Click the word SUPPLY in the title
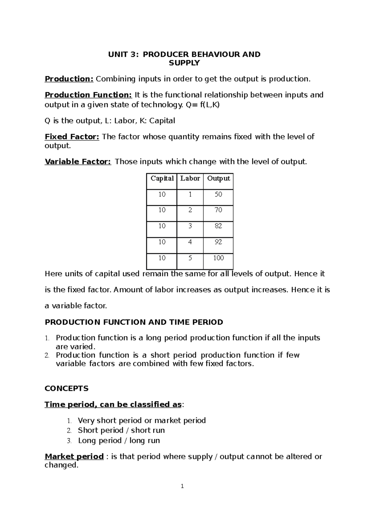(184, 63)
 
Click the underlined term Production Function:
(88, 95)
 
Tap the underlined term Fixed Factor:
(72, 137)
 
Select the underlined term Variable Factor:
(78, 162)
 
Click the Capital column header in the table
(162, 179)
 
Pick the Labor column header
(190, 179)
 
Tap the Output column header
(218, 179)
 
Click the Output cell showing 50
(218, 194)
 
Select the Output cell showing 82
(218, 226)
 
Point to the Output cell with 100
(218, 258)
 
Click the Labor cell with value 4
(190, 242)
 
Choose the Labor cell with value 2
(190, 210)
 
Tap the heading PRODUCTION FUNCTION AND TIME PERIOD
(134, 322)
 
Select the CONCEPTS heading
(67, 389)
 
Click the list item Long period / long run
(119, 441)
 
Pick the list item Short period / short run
(121, 430)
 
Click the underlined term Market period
(74, 457)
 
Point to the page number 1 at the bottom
(182, 486)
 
